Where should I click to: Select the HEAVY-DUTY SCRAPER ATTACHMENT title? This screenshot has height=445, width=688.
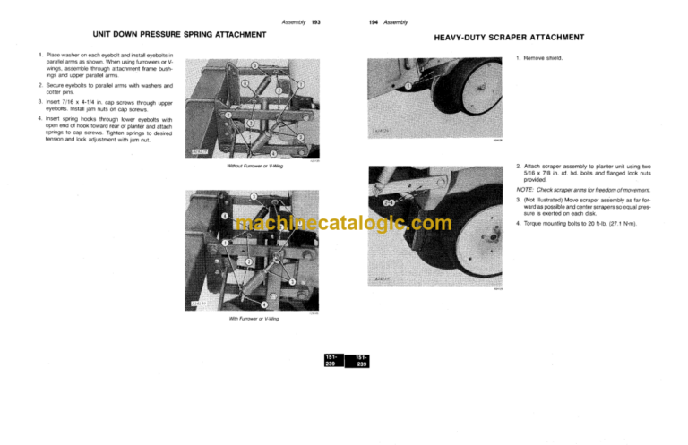point(509,39)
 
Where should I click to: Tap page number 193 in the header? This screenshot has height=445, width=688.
point(315,21)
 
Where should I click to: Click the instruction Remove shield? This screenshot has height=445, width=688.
point(542,58)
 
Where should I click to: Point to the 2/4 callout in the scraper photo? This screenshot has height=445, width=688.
point(390,202)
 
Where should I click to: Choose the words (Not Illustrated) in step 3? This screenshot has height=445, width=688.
point(542,201)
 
